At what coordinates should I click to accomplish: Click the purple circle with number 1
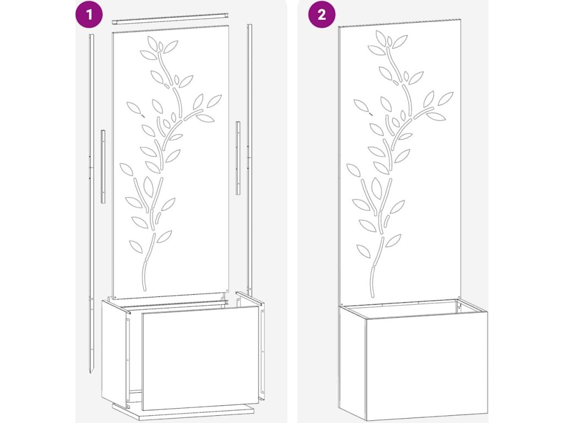(89, 14)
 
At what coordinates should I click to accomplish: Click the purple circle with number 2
(322, 14)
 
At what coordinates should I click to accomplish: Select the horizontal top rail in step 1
(170, 19)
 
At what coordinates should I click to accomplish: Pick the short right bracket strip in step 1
(238, 158)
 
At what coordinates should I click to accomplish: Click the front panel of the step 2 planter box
(427, 366)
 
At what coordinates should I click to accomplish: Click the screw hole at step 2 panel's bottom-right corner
(459, 297)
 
